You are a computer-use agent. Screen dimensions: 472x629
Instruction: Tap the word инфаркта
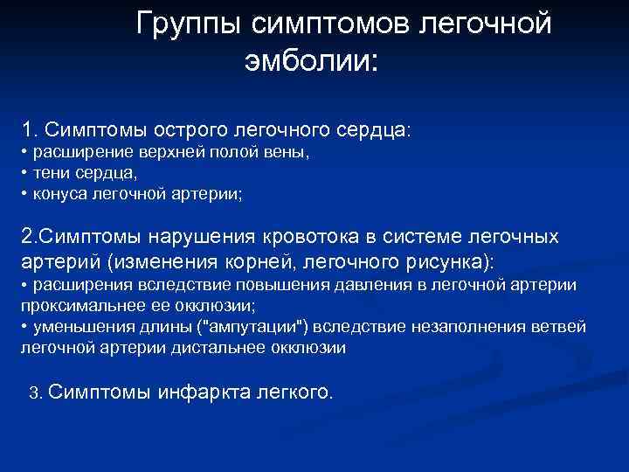(x=201, y=392)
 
